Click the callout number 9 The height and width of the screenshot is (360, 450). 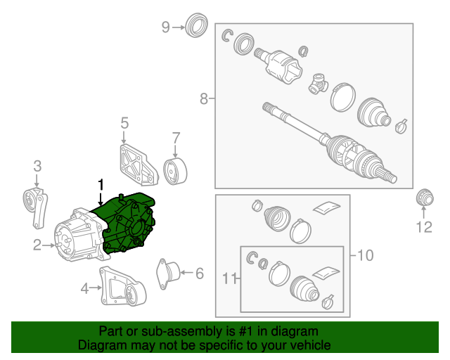coord(166,27)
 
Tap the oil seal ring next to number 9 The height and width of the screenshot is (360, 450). coord(197,25)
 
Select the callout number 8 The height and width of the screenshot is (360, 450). coord(203,98)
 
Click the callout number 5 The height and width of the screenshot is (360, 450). coord(124,123)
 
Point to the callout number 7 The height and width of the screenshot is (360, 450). coord(176,138)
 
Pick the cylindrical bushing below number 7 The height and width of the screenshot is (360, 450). coord(175,172)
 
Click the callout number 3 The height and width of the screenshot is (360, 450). coord(37,166)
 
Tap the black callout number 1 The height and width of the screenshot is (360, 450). coord(101,185)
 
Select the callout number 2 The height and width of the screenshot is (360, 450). coord(37,245)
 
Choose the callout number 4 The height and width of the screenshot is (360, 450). coord(84,288)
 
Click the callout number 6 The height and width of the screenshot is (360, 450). coord(200,273)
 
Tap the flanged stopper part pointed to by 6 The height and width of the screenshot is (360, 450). coord(169,274)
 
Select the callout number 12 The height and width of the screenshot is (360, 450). coord(424,227)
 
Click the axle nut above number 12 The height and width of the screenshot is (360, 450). coord(425,198)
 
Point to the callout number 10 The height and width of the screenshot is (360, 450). coord(365,255)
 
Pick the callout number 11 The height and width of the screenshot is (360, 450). coord(230,278)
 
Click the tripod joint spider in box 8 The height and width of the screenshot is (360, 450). coord(318,84)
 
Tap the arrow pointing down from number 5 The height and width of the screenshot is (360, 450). coord(124,137)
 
